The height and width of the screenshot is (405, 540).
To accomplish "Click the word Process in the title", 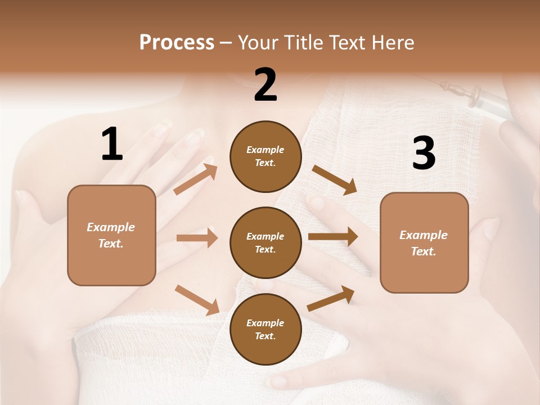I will (x=177, y=42).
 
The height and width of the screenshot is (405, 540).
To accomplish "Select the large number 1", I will (x=112, y=145).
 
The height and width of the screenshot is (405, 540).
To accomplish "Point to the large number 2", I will (x=265, y=85).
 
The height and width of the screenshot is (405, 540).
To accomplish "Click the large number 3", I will (x=424, y=154).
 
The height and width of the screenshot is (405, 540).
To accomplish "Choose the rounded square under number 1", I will (x=111, y=235).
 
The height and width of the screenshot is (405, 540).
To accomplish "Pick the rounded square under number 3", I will (x=424, y=242).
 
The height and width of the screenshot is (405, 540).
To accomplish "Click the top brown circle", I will (x=265, y=156).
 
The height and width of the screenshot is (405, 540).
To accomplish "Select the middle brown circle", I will (x=265, y=242).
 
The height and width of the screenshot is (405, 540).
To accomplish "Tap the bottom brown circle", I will (x=265, y=329).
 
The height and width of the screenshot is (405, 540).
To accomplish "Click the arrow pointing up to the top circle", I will (x=196, y=179).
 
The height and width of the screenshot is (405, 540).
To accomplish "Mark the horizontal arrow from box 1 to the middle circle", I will (x=197, y=238).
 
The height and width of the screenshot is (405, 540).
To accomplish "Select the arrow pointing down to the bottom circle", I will (x=197, y=300).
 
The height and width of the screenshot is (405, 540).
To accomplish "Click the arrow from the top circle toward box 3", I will (x=334, y=179).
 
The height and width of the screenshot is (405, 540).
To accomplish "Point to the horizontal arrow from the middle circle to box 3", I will (x=333, y=237).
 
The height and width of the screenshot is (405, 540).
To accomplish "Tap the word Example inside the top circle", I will (x=265, y=150).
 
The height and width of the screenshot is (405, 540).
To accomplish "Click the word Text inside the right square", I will (x=423, y=251).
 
